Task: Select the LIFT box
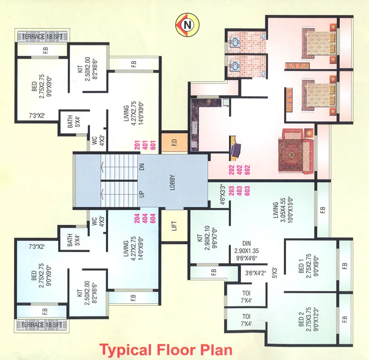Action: click(174, 226)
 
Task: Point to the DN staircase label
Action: click(141, 167)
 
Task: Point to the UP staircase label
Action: click(141, 194)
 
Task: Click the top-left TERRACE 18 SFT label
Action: click(42, 36)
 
